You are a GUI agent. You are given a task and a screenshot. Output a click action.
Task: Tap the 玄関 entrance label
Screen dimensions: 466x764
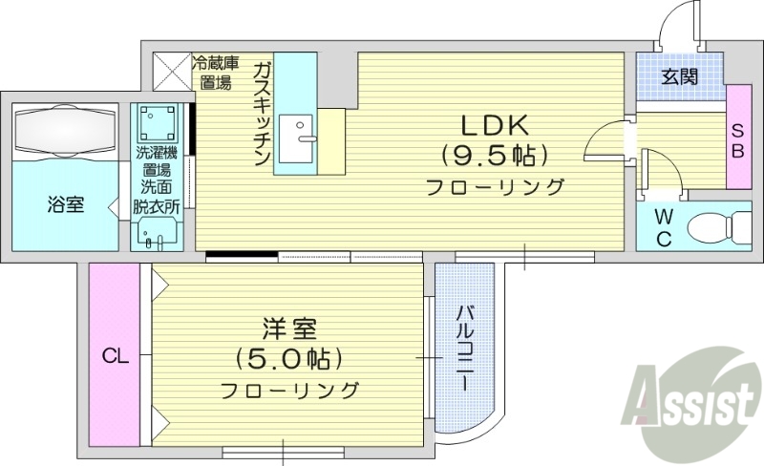(x=680, y=76)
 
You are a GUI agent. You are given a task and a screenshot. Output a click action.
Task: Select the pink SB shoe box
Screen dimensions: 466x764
(x=738, y=137)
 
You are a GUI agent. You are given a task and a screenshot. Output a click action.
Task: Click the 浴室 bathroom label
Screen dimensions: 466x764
(x=65, y=203)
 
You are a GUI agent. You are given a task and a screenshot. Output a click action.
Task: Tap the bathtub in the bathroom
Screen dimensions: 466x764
(x=65, y=128)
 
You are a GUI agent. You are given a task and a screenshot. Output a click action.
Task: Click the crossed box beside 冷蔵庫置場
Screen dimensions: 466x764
(x=171, y=70)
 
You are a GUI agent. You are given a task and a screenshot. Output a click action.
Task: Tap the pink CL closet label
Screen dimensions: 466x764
(x=117, y=357)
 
